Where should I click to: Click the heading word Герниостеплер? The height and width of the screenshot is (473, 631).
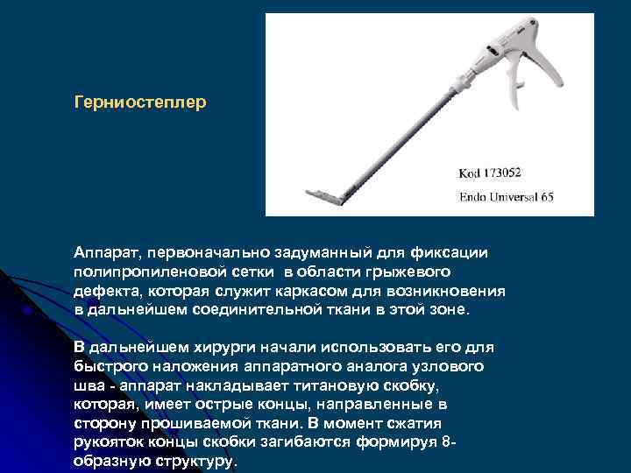click(x=141, y=103)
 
